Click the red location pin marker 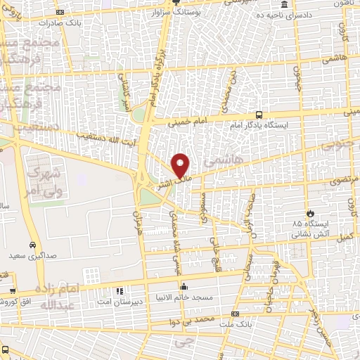pyautogui.click(x=181, y=165)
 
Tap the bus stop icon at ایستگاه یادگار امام pyautogui.click(x=259, y=115)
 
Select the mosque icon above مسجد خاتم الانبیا pyautogui.click(x=184, y=286)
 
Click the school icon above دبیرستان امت pyautogui.click(x=119, y=290)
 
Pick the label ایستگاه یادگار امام pyautogui.click(x=259, y=125)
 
